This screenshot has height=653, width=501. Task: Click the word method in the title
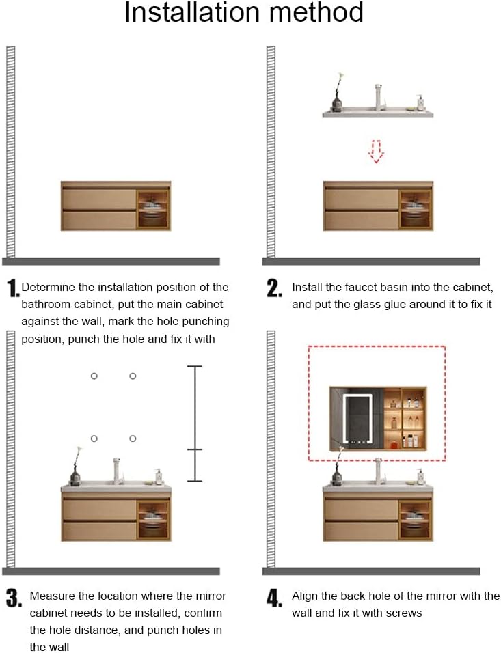pyautogui.click(x=316, y=12)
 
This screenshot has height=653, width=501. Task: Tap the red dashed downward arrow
pyautogui.click(x=376, y=151)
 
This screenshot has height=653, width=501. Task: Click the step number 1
pyautogui.click(x=13, y=288)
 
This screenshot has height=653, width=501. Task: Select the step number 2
pyautogui.click(x=274, y=288)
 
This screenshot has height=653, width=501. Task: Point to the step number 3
pyautogui.click(x=14, y=598)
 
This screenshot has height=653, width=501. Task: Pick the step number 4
pyautogui.click(x=274, y=598)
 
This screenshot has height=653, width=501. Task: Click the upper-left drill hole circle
pyautogui.click(x=94, y=376)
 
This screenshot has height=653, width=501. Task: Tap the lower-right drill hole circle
pyautogui.click(x=133, y=439)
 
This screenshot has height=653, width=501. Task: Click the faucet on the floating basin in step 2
pyautogui.click(x=379, y=97)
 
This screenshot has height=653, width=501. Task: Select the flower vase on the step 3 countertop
pyautogui.click(x=75, y=467)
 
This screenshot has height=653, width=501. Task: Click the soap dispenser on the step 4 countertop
pyautogui.click(x=420, y=477)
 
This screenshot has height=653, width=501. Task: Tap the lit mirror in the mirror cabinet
pyautogui.click(x=356, y=419)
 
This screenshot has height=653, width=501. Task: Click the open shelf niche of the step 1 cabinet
pyautogui.click(x=153, y=210)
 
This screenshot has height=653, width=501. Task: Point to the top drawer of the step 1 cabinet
pyautogui.click(x=100, y=199)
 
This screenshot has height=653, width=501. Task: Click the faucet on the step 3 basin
pyautogui.click(x=117, y=471)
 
